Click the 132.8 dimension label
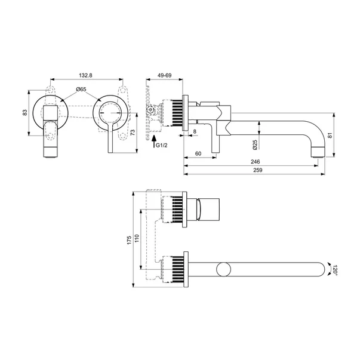[85, 75]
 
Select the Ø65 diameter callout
[81, 90]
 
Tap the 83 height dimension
[25, 112]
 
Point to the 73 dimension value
[133, 133]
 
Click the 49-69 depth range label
[164, 75]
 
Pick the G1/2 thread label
[162, 145]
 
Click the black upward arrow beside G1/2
[154, 141]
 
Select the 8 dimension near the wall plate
[195, 131]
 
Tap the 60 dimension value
[198, 153]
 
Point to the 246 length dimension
[255, 162]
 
